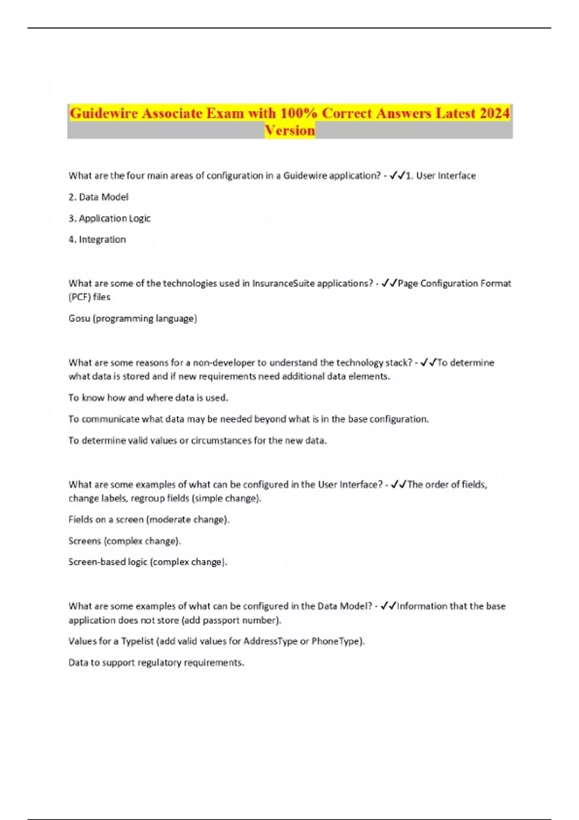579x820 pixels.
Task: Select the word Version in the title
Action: (x=289, y=131)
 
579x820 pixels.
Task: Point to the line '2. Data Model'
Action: (x=98, y=197)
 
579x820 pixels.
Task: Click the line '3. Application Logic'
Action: (x=110, y=219)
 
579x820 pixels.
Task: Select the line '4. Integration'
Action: (x=97, y=240)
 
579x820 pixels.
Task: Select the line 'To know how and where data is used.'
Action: (x=148, y=398)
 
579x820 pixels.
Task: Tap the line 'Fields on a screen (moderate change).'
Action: (x=149, y=519)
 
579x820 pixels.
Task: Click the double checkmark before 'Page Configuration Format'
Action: (x=389, y=284)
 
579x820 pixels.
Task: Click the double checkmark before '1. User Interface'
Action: (x=397, y=176)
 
